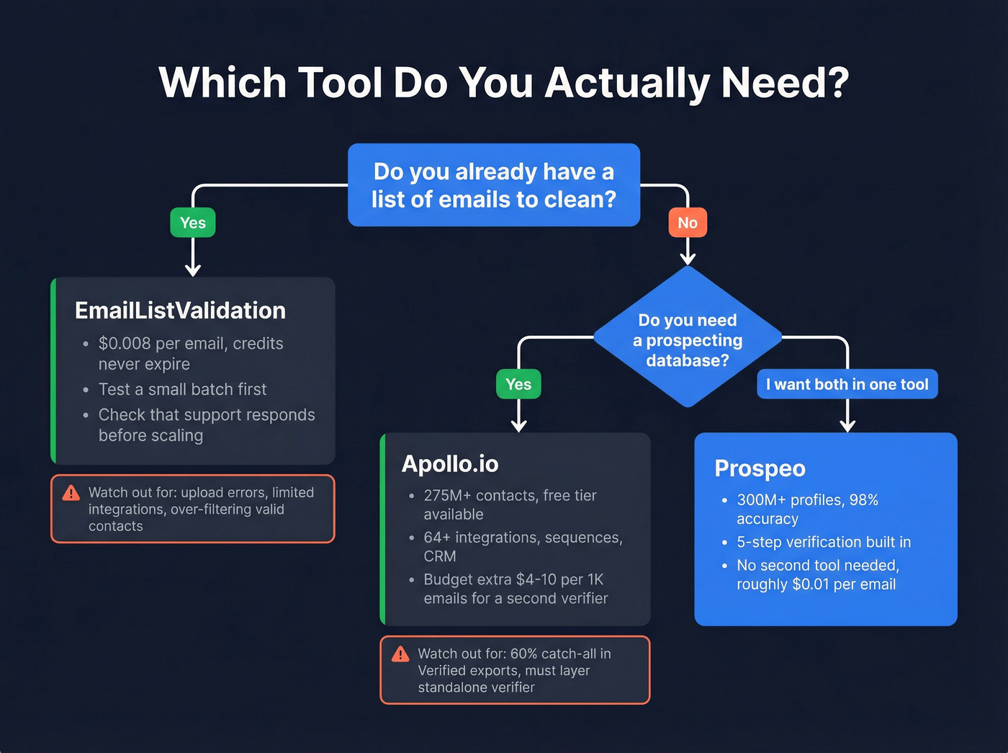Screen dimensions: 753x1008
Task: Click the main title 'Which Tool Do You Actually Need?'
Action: tap(504, 82)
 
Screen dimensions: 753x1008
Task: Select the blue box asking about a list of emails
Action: tap(494, 185)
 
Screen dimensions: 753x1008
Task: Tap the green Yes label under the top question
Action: tap(193, 223)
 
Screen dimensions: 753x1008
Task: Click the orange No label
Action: tap(688, 223)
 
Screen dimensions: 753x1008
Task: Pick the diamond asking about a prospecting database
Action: tap(688, 339)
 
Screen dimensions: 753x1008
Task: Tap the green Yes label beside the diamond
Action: tap(518, 384)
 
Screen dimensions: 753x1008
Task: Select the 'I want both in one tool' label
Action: tap(847, 384)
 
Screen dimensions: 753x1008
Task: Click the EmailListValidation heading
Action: tap(180, 311)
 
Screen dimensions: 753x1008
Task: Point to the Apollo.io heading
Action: tap(450, 464)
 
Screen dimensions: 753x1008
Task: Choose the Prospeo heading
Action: tap(760, 468)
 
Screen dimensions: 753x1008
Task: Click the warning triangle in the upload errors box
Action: tap(71, 493)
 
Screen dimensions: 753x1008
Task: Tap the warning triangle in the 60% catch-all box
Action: tap(400, 654)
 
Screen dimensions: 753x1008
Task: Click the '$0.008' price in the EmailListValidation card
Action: tap(125, 344)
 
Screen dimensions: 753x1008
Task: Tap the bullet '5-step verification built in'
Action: tap(823, 542)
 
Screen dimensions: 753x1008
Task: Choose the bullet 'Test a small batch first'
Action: tap(182, 390)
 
